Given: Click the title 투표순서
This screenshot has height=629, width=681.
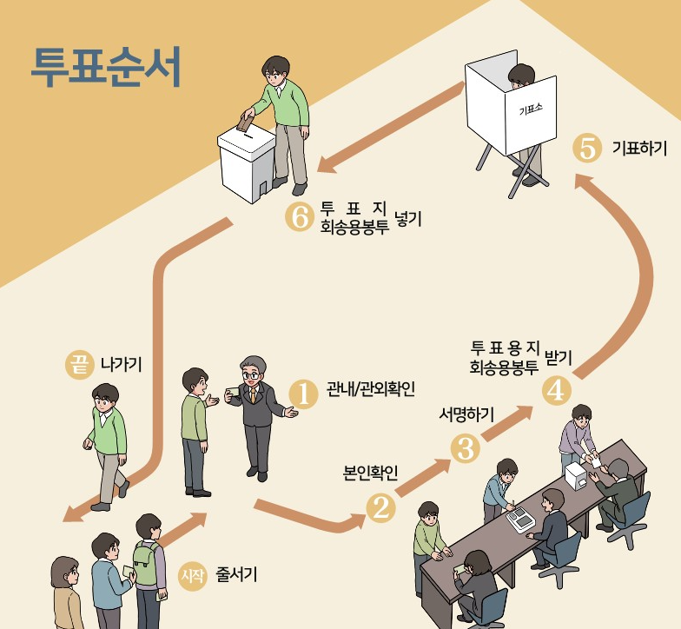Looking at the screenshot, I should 105,65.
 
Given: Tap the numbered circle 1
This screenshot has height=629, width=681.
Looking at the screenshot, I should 304,392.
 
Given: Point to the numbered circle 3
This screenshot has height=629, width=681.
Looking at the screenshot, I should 466,447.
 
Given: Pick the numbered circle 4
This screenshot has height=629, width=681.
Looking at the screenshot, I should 555,390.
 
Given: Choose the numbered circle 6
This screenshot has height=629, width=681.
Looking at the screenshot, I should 299,217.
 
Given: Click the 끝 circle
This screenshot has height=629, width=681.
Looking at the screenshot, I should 80,365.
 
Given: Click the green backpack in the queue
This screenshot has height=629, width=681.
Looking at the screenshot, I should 145,565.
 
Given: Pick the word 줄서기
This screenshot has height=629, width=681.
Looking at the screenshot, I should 236,574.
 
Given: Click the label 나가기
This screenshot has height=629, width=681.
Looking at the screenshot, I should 121,365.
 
